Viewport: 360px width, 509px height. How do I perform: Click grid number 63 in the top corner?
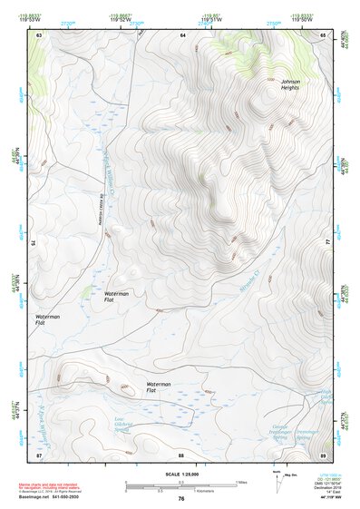pos(40,34)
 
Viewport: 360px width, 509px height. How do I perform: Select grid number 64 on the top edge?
pos(182,34)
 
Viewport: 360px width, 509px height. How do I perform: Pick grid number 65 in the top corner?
pos(324,34)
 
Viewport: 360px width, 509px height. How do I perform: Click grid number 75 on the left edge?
pos(34,242)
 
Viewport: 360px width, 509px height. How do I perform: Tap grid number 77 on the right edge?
pos(327,242)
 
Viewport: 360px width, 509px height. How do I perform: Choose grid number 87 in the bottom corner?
pos(40,454)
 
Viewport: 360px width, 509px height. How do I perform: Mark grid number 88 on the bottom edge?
pos(181,454)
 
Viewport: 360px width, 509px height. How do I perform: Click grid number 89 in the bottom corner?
pos(324,454)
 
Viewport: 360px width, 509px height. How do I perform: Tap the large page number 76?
pos(181,499)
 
